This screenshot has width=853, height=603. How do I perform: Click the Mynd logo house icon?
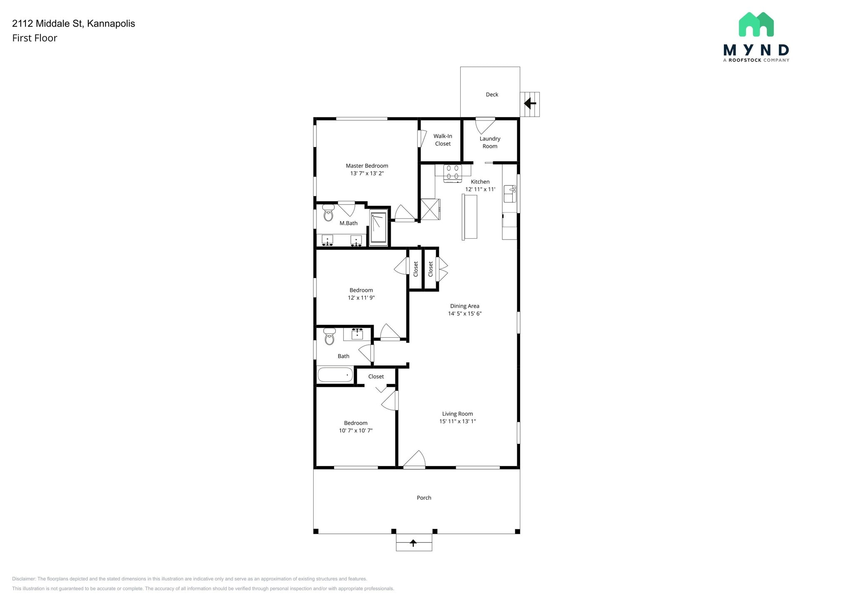coord(756,25)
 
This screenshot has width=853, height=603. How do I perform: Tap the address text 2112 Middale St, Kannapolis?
coord(74,23)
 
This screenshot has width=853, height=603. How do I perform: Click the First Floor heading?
coord(35,38)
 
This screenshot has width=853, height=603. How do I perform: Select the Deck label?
coord(492,95)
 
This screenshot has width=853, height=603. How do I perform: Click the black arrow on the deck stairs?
coord(530,103)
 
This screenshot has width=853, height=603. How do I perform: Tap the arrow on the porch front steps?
coord(413,543)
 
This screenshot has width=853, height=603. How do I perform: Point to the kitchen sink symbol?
coord(510,194)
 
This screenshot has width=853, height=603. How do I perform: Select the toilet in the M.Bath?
coord(329,213)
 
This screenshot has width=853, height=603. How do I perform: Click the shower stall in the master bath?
coord(379,227)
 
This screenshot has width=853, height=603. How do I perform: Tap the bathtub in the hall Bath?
coord(335,375)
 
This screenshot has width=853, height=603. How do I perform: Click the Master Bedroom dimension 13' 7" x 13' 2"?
coord(367,173)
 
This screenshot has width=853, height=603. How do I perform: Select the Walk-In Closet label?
coord(443,140)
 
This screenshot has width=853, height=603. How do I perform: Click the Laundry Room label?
coord(490,142)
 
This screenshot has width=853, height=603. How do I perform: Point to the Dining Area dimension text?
coord(464,314)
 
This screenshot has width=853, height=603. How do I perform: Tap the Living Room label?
coord(457,414)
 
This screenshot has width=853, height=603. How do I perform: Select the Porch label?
coord(424,498)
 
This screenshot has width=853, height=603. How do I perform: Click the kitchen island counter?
coord(469,217)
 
